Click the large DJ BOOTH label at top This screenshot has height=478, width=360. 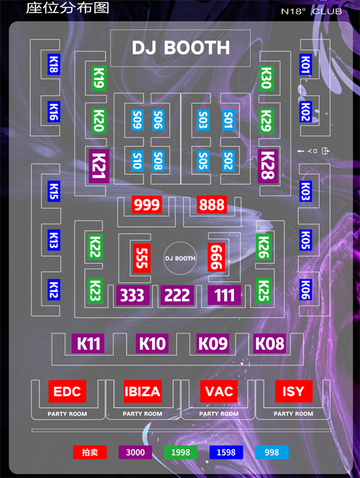(x=181, y=47)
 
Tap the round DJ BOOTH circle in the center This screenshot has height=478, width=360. (x=180, y=258)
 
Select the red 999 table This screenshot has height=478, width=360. (x=147, y=205)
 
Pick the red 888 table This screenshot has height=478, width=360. (x=212, y=205)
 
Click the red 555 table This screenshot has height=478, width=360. (x=141, y=258)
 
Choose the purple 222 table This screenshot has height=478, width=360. (x=177, y=295)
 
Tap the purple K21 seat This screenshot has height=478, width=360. (x=98, y=164)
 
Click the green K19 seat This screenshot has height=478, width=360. (x=99, y=78)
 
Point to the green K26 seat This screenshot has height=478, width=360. (x=263, y=247)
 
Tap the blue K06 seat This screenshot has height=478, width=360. (x=305, y=290)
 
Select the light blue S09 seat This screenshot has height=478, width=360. (x=137, y=120)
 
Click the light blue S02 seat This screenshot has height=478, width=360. (x=228, y=160)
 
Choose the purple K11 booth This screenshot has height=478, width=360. (x=89, y=344)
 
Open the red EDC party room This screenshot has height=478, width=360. (x=67, y=392)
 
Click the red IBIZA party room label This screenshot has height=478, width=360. (x=142, y=392)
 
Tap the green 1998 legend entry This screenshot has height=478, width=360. (x=181, y=452)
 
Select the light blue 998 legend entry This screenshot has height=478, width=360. (x=272, y=452)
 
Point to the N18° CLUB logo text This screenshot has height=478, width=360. (x=311, y=11)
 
